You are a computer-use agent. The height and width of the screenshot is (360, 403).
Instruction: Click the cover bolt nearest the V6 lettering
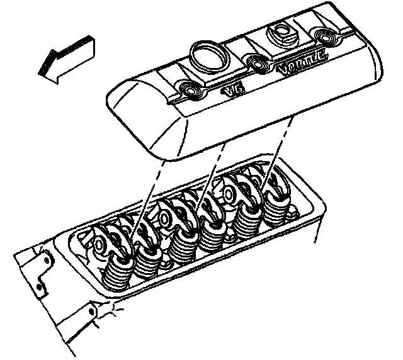click(188, 89)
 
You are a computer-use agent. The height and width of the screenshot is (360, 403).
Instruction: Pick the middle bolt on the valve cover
click(256, 63)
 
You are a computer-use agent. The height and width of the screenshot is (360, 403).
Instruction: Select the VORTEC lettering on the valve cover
click(302, 63)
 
